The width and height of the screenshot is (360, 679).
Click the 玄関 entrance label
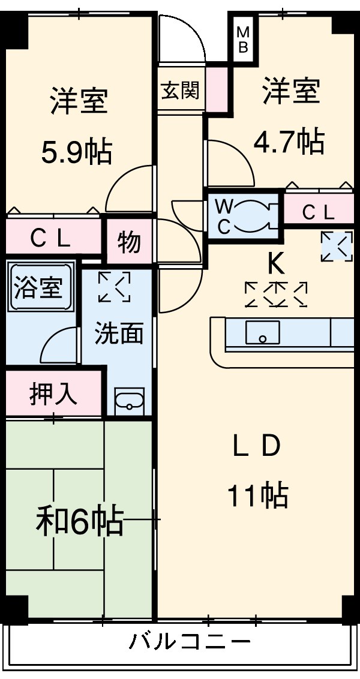(179, 91)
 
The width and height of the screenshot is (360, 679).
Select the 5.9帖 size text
(76, 151)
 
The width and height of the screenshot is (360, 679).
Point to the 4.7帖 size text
(289, 142)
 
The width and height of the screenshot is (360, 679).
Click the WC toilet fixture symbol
(252, 215)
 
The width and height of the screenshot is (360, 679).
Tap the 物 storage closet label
(128, 243)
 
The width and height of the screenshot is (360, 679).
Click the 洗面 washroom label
(118, 334)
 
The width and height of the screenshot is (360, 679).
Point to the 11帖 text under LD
(258, 495)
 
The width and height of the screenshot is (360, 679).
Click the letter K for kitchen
(275, 262)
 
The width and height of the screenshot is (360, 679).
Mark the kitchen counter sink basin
(262, 332)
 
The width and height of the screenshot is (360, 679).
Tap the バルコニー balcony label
(190, 643)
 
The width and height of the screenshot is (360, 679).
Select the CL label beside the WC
(317, 212)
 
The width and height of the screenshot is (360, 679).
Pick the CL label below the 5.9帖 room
(52, 238)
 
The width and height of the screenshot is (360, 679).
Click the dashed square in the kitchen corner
(336, 247)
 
